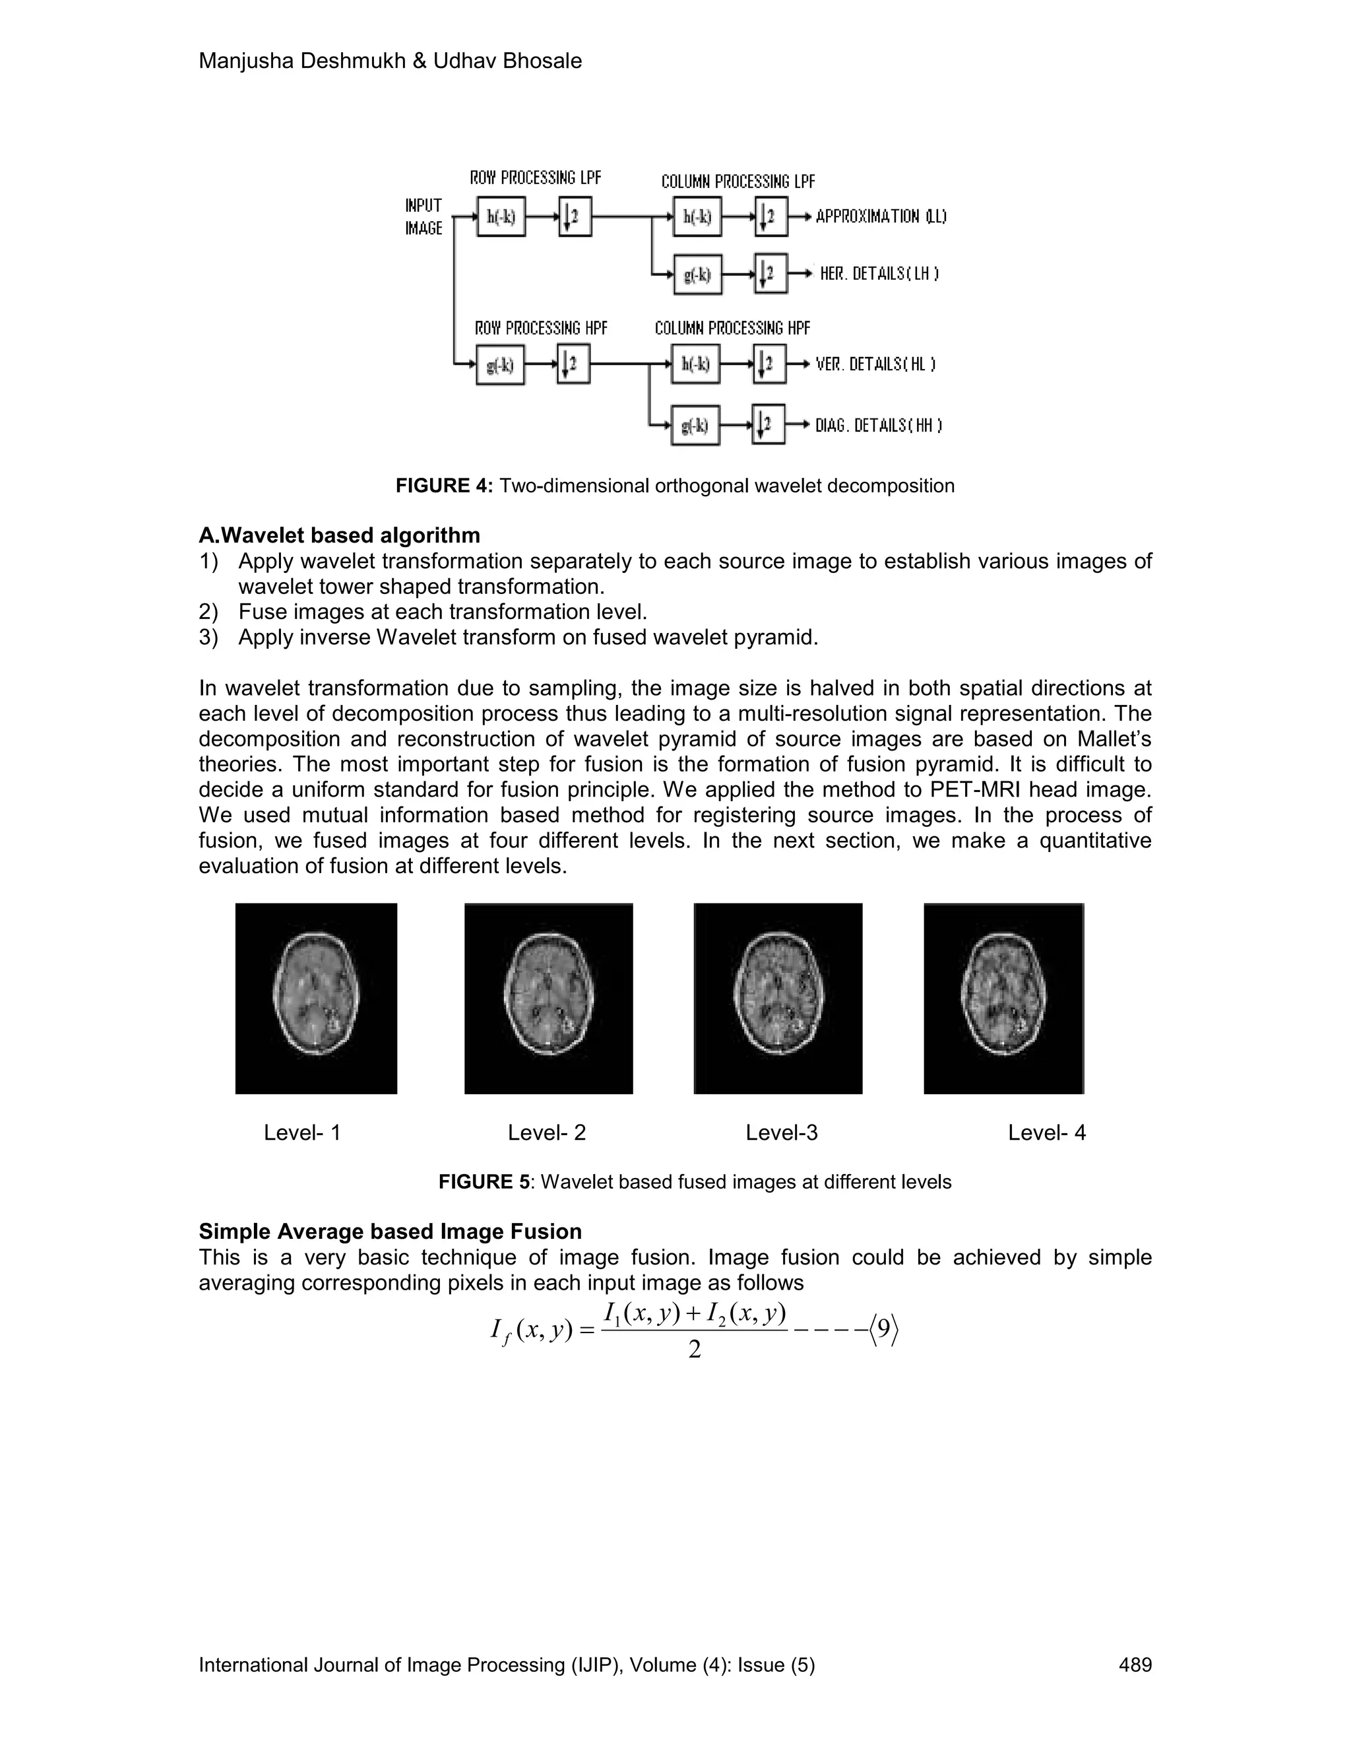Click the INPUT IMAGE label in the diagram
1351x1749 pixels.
tap(424, 217)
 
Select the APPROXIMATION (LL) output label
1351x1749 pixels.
tap(881, 216)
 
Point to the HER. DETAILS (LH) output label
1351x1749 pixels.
tap(879, 274)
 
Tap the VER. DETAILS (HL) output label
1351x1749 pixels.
tap(875, 364)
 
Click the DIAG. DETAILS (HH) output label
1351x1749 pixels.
tap(878, 426)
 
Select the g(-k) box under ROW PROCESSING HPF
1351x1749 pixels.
tap(500, 365)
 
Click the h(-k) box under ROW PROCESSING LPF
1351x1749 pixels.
tap(501, 216)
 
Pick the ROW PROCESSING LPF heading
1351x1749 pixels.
tap(536, 178)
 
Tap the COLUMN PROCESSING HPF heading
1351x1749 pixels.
tap(732, 328)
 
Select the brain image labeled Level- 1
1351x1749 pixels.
tap(316, 998)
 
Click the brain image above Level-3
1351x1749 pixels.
tap(778, 998)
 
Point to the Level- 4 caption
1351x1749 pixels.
tap(1046, 1133)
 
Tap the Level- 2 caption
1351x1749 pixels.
tap(547, 1133)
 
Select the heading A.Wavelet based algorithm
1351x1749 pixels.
tap(339, 535)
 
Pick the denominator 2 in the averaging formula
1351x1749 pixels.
tap(694, 1350)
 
